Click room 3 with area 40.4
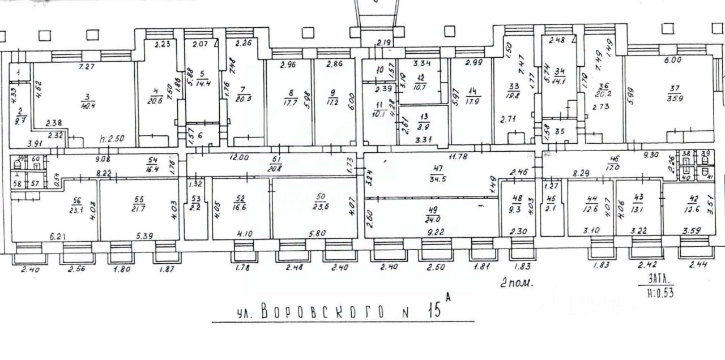coord(84,108)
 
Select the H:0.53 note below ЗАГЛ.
coord(659,293)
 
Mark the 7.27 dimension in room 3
coord(86,67)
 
